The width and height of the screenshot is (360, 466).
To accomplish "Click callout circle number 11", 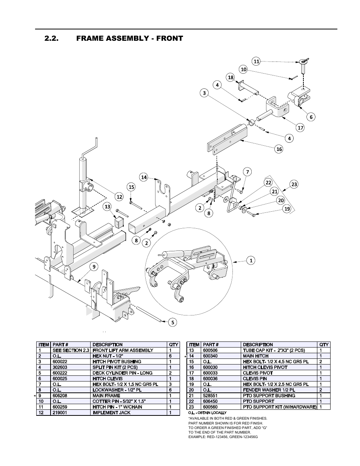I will [x=257, y=61].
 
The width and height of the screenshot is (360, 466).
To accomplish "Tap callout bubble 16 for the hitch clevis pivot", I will [x=279, y=149].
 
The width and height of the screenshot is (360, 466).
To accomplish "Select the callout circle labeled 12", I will [x=119, y=196].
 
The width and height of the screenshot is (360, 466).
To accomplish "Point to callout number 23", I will [x=294, y=184].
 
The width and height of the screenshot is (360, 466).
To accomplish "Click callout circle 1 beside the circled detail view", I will [x=251, y=260].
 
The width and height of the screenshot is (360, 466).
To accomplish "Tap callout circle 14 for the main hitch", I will [x=144, y=177].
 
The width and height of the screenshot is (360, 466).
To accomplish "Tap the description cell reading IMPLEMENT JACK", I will [x=111, y=412].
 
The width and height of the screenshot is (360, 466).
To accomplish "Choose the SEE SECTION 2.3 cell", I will [x=71, y=350].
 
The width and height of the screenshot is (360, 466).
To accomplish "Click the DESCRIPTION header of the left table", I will [x=108, y=345].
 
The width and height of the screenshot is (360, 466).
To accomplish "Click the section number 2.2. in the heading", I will [x=52, y=38].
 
